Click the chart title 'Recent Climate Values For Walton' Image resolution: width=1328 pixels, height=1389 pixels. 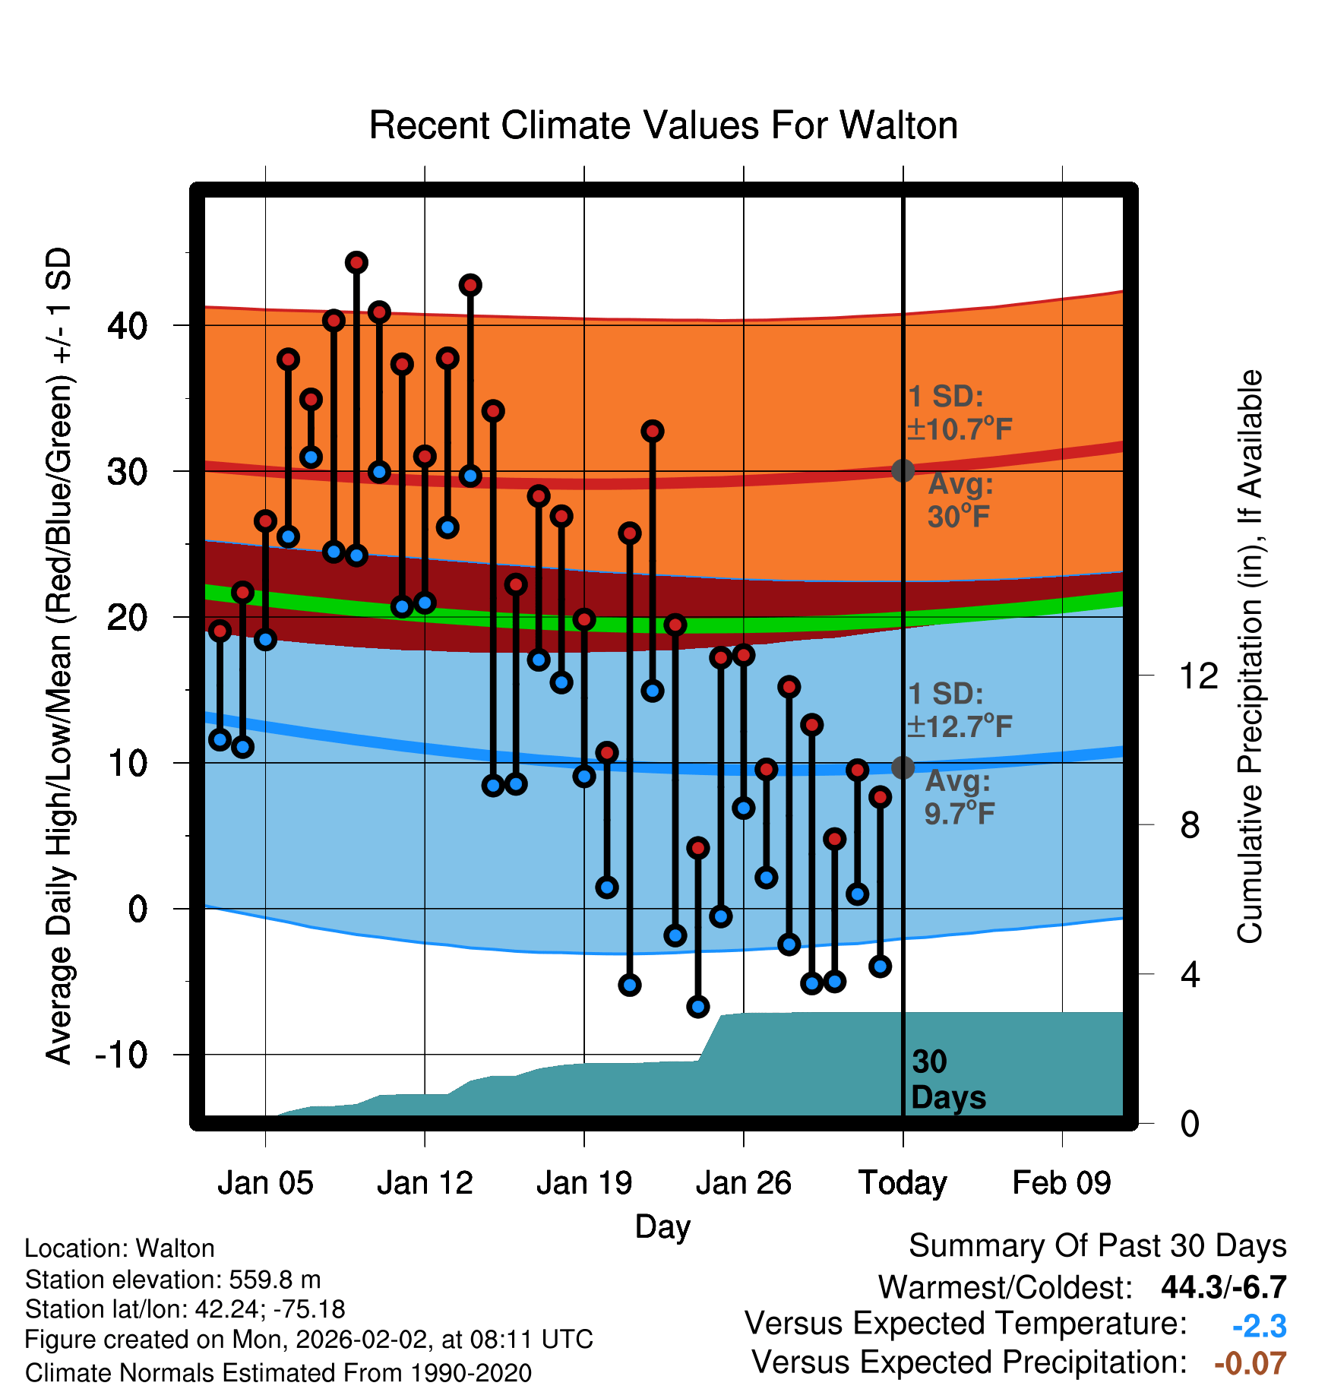[x=663, y=125]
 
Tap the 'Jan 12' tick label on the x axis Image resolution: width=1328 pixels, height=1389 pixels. [x=425, y=1183]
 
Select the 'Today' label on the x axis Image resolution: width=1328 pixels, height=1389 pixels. [x=903, y=1183]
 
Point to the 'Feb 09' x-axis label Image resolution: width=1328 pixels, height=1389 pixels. [x=1061, y=1183]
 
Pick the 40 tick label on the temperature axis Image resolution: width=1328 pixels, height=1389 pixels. [x=128, y=326]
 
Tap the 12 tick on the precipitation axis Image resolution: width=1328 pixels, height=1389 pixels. [x=1199, y=676]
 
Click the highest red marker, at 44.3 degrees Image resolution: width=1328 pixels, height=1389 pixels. [x=356, y=263]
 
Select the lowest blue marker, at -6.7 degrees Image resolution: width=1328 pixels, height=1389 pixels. [x=698, y=1007]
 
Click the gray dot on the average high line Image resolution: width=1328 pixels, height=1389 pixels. [x=903, y=470]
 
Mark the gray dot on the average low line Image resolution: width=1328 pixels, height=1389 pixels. [x=903, y=767]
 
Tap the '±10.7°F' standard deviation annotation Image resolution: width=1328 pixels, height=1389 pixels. [x=960, y=429]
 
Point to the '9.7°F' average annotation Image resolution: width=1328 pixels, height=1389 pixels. [x=960, y=814]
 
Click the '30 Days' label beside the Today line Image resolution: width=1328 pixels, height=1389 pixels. [x=948, y=1080]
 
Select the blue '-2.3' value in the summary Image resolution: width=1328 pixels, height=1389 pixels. [x=1259, y=1327]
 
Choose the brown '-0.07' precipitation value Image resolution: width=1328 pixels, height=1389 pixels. [x=1251, y=1364]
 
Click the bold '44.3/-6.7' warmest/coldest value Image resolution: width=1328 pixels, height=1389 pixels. [x=1224, y=1287]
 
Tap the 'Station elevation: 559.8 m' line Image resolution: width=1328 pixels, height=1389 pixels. [x=173, y=1280]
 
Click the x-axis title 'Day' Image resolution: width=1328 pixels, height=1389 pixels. [x=663, y=1227]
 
